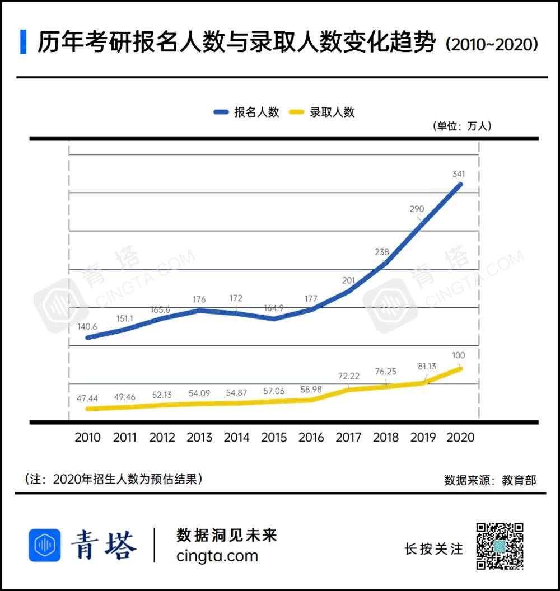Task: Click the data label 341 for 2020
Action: (459, 174)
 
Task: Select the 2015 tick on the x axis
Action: (274, 437)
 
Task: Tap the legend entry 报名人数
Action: (246, 112)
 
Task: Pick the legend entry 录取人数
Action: (321, 112)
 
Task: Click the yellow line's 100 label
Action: (459, 355)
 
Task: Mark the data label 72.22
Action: (348, 376)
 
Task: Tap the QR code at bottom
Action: (500, 546)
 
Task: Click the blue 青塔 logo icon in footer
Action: (44, 545)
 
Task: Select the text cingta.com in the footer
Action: (217, 556)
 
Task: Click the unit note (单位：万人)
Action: (461, 126)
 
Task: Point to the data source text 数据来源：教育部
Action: (490, 480)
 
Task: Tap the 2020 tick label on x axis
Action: (460, 437)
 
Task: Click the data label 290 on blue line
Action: (417, 209)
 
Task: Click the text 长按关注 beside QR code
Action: (434, 549)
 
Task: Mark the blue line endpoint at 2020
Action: (460, 184)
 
